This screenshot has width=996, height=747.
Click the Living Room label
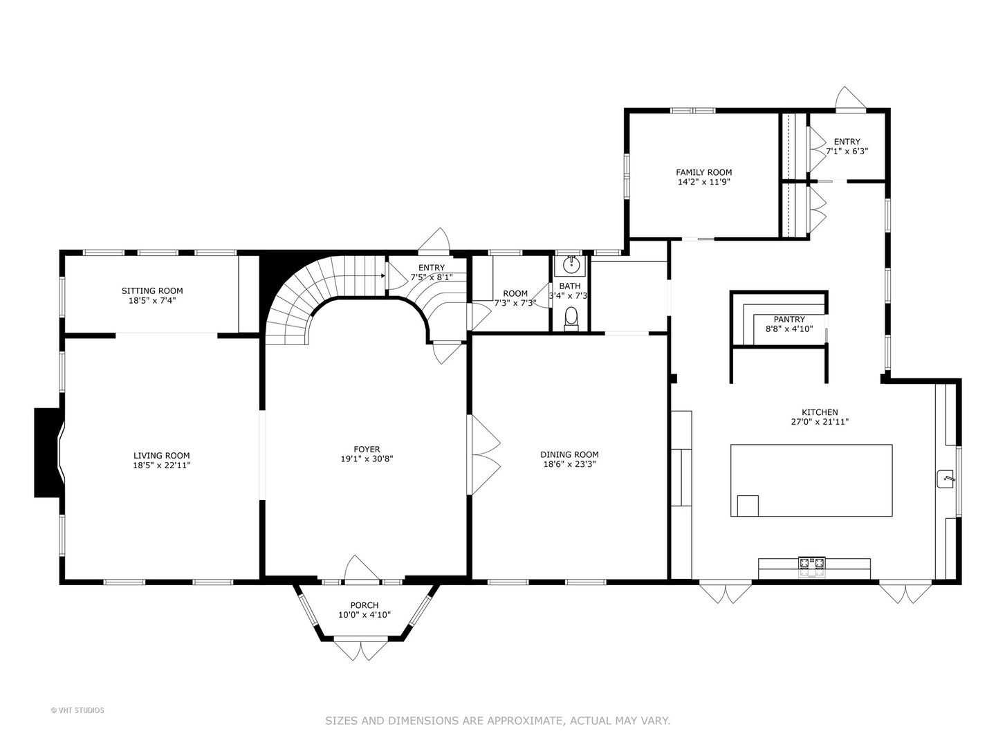(x=162, y=455)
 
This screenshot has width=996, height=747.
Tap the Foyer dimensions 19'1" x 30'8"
(x=367, y=459)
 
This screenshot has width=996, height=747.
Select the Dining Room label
(x=569, y=454)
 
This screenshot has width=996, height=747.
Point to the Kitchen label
(x=820, y=412)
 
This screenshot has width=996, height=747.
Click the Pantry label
(x=789, y=319)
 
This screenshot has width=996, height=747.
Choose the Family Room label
(x=704, y=172)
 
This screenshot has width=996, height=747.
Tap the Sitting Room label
(x=152, y=290)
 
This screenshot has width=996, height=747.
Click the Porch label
(x=365, y=605)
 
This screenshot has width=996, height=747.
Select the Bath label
(x=569, y=286)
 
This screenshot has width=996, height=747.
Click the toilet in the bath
(x=571, y=318)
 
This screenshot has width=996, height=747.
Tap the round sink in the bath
(x=570, y=265)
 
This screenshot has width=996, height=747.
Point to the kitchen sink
(x=946, y=479)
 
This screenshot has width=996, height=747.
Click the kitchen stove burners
(x=812, y=562)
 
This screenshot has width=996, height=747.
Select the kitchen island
(x=811, y=480)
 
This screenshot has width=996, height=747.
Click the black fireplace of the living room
(x=48, y=452)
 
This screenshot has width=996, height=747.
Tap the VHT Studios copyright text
(x=77, y=710)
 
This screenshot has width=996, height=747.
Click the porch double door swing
(x=361, y=649)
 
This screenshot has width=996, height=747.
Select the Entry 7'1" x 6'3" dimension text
(x=847, y=151)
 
